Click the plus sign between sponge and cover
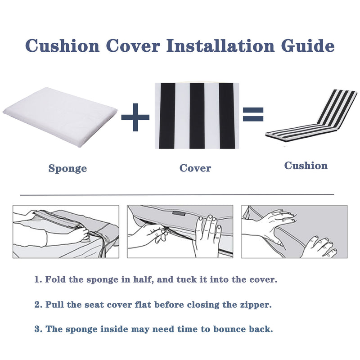pyautogui.click(x=135, y=117)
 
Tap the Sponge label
pyautogui.click(x=67, y=169)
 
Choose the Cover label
pyautogui.click(x=195, y=168)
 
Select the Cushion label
pyautogui.click(x=306, y=166)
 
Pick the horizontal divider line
pyautogui.click(x=178, y=194)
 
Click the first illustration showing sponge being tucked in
pyautogui.click(x=66, y=231)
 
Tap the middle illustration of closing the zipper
pyautogui.click(x=180, y=231)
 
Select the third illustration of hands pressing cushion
pyautogui.click(x=294, y=231)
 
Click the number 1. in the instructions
pyautogui.click(x=38, y=279)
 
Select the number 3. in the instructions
pyautogui.click(x=38, y=329)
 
